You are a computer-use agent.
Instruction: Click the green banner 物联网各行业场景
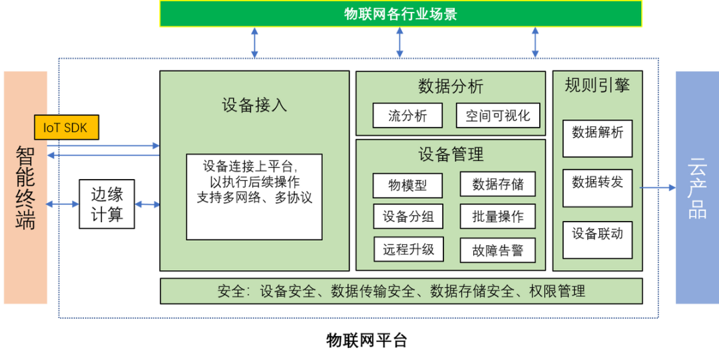(x=401, y=14)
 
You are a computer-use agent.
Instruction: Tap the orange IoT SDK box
(x=66, y=128)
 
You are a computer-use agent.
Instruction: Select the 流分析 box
(x=407, y=116)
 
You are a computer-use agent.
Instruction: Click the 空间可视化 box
(x=498, y=116)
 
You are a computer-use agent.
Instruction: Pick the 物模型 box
(x=407, y=185)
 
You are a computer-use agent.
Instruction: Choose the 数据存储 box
(x=498, y=184)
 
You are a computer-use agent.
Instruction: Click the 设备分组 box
(x=407, y=216)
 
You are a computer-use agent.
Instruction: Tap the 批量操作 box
(x=498, y=216)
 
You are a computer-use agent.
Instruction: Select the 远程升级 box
(x=407, y=250)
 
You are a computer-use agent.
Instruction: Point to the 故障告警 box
(x=498, y=250)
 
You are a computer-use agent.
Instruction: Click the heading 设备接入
(x=254, y=105)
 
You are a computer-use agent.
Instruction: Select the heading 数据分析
(x=451, y=87)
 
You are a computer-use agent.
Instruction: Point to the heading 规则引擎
(x=597, y=85)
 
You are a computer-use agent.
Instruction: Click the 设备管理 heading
(x=451, y=155)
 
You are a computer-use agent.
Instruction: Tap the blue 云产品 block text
(x=697, y=188)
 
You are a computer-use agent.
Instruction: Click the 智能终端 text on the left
(x=25, y=188)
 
